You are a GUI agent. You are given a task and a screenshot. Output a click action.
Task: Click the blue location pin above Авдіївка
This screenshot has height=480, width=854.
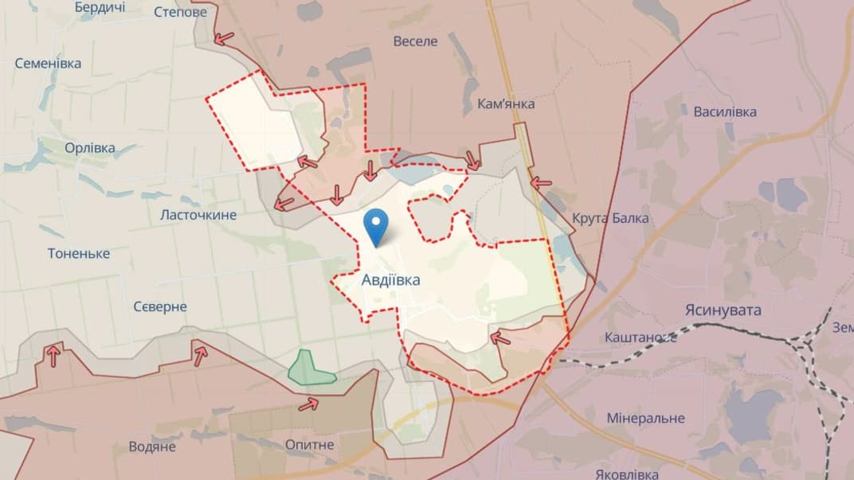pyautogui.click(x=377, y=224)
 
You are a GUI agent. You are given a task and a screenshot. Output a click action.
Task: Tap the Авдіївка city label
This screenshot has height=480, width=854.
pyautogui.click(x=390, y=280)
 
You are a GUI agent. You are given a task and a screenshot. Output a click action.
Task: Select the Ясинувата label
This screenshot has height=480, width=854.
pyautogui.click(x=723, y=310)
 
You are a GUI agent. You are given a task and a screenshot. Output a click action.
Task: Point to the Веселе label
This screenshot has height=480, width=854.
pyautogui.click(x=415, y=41)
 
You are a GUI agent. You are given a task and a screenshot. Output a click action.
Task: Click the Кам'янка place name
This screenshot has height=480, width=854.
pyautogui.click(x=506, y=103)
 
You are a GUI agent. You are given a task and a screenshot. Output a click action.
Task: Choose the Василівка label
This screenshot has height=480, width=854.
pyautogui.click(x=724, y=111)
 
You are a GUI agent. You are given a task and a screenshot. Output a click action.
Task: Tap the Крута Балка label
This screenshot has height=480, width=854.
pyautogui.click(x=610, y=218)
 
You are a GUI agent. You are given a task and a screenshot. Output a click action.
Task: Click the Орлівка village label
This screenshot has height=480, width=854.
pyautogui.click(x=89, y=148)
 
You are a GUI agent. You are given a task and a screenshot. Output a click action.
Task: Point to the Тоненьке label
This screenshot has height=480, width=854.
pyautogui.click(x=78, y=254)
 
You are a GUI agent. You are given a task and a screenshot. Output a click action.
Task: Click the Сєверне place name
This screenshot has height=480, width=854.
pyautogui.click(x=159, y=306)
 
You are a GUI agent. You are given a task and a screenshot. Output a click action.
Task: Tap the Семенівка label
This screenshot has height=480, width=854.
pyautogui.click(x=48, y=64)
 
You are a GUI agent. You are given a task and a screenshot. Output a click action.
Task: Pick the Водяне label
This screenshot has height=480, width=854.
pyautogui.click(x=152, y=447)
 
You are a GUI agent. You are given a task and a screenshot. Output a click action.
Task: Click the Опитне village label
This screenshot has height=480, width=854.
pyautogui.click(x=309, y=444)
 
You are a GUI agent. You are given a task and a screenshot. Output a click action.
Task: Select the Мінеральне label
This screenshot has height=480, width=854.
pyautogui.click(x=645, y=418)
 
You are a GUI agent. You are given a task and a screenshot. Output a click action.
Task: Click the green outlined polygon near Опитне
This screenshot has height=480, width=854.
pyautogui.click(x=310, y=369)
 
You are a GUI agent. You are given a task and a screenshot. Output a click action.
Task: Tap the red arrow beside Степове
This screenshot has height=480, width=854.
pyautogui.click(x=225, y=37)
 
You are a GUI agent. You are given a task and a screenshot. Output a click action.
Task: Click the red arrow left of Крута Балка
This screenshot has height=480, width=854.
pyautogui.click(x=542, y=182)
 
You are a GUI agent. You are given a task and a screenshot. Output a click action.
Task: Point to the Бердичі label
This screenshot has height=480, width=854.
pyautogui.click(x=100, y=7)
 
